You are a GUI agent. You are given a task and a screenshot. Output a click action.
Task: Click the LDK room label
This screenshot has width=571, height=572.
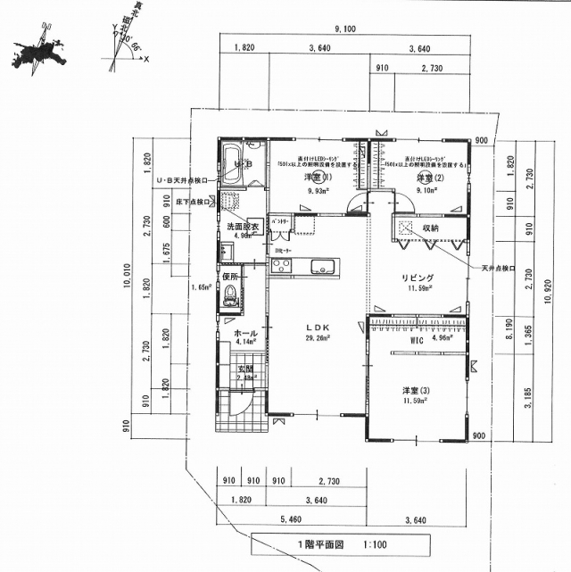point(319,328)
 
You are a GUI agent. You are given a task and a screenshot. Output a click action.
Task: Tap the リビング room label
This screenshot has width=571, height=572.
point(417,278)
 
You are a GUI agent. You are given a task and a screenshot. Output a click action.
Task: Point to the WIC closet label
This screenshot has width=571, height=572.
point(416,340)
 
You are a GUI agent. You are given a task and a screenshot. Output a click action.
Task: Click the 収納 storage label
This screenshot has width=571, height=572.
point(431,228)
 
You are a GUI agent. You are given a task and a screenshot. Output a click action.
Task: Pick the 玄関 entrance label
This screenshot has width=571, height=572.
point(245,368)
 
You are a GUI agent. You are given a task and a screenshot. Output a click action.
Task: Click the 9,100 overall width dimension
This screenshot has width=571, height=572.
point(345,29)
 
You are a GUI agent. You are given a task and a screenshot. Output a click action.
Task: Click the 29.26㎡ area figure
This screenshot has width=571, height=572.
point(319,339)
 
